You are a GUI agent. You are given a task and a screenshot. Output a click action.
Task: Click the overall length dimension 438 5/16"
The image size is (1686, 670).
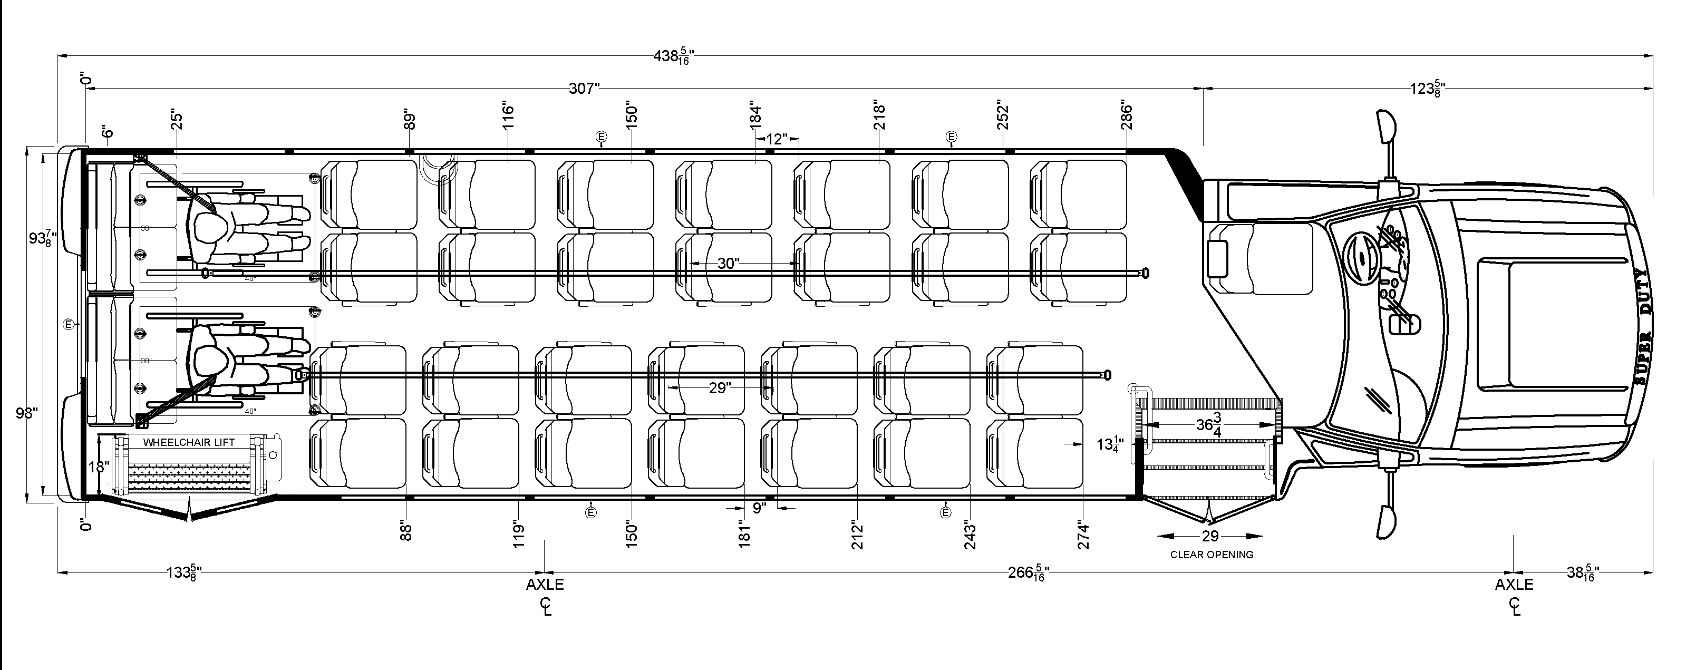tap(673, 56)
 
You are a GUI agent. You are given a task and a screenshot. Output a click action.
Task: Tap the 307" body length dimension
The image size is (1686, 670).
tap(584, 89)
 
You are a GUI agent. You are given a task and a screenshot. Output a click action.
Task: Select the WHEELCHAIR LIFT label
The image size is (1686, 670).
tap(189, 442)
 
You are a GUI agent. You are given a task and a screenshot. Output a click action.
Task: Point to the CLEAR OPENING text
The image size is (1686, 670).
tap(1212, 554)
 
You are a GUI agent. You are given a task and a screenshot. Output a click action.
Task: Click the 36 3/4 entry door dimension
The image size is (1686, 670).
tap(1210, 425)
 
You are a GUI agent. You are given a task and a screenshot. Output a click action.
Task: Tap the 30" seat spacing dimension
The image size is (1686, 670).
tap(728, 263)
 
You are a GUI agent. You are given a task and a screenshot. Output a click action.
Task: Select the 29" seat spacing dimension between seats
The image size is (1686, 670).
tap(719, 388)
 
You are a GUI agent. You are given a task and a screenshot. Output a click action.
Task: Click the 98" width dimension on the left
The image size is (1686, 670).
tap(27, 413)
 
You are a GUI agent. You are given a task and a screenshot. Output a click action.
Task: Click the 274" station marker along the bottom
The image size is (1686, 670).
tap(1084, 535)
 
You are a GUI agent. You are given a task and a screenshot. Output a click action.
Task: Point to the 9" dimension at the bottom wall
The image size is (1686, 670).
tap(759, 508)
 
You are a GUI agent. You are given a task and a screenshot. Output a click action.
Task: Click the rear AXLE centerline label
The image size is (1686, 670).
tap(545, 584)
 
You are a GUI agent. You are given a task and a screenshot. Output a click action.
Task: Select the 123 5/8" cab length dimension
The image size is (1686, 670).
tap(1427, 89)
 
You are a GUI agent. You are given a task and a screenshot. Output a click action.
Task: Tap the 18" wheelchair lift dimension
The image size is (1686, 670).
tap(98, 467)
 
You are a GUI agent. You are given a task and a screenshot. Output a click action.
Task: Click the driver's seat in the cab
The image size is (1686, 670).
tap(1263, 258)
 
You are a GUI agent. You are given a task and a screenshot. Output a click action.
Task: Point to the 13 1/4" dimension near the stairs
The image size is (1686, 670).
tap(1111, 445)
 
